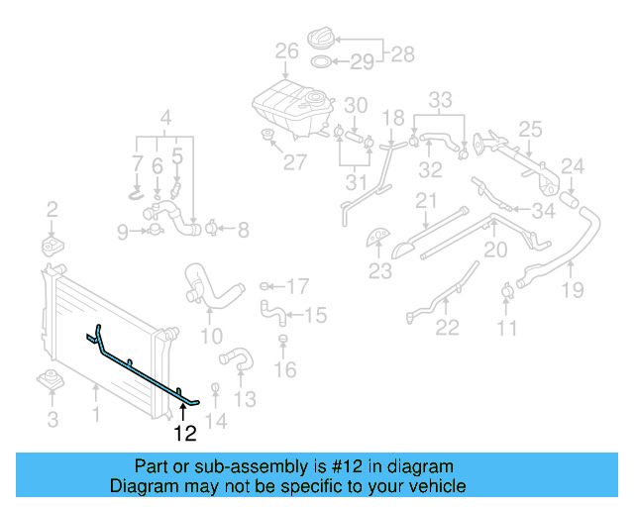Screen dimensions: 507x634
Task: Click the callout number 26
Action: coord(286,51)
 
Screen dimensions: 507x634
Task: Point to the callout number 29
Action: coord(362,62)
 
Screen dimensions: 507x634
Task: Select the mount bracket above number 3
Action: coord(52,380)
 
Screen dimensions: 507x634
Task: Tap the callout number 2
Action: coord(52,209)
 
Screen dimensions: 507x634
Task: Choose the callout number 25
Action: coord(530,129)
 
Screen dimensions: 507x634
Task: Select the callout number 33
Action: coord(440,99)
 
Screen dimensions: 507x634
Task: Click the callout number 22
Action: coord(447,328)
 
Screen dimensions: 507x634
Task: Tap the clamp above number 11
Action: coord(507,290)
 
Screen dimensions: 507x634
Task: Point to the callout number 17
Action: coord(297,287)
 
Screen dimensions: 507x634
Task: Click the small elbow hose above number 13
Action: coord(236,356)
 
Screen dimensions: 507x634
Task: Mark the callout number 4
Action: coord(166,115)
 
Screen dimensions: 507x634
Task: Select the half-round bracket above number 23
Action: coord(378,237)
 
